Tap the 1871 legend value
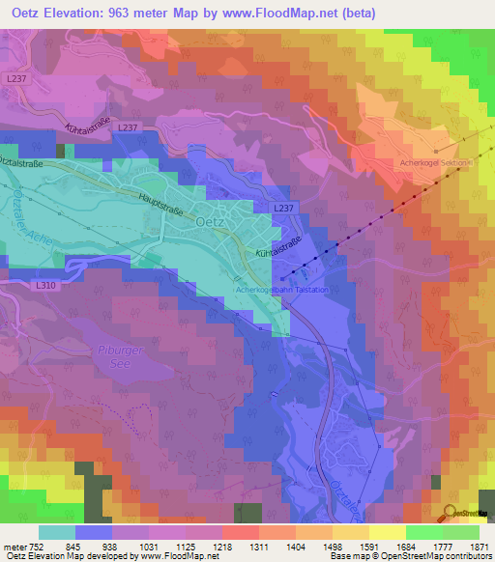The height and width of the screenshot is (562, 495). coord(480,547)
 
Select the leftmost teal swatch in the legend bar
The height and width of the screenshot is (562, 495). coord(56,532)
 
